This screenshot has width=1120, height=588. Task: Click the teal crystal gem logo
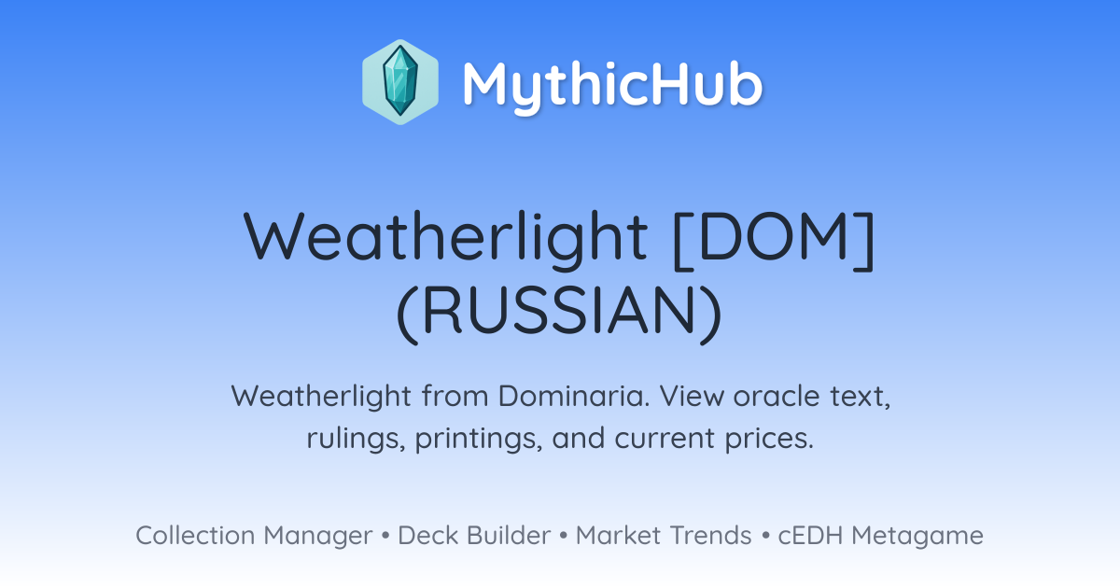[x=400, y=82]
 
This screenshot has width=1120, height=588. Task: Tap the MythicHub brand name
[x=612, y=85]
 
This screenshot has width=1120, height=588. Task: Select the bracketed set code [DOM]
[x=774, y=240]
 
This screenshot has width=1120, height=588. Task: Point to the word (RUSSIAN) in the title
[x=559, y=313]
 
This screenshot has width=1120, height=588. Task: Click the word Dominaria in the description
[x=573, y=396]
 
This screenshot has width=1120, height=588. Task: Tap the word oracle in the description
[x=777, y=396]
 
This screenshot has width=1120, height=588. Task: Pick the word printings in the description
[x=479, y=439]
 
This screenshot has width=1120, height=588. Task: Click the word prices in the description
[x=769, y=439]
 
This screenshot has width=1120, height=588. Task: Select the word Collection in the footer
[x=195, y=535]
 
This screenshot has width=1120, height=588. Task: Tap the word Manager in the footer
[x=317, y=537]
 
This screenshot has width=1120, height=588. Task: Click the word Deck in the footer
[x=427, y=535]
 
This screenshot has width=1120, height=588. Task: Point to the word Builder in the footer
[x=509, y=535]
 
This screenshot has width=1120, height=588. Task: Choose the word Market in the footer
[x=618, y=535]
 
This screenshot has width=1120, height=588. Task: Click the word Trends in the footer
[x=710, y=535]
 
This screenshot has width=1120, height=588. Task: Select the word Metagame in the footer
[x=917, y=537]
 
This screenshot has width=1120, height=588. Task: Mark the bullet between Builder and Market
[x=564, y=536]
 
